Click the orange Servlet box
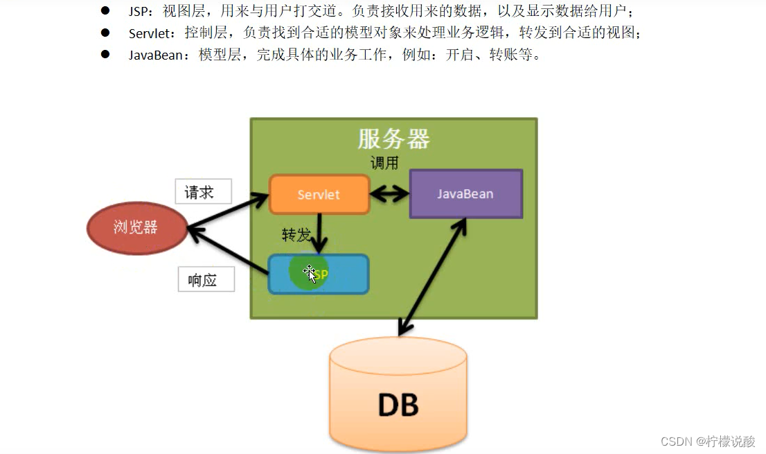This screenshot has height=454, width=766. (319, 195)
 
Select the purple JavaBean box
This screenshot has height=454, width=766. (465, 194)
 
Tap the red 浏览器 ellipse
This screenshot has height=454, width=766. (136, 227)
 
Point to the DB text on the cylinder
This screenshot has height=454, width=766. (398, 405)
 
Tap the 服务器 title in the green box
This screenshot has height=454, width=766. (393, 139)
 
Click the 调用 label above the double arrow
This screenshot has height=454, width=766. (385, 164)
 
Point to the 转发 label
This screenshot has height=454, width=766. (296, 234)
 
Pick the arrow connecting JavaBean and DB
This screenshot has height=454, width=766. (431, 277)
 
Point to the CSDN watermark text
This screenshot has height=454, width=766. (707, 442)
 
